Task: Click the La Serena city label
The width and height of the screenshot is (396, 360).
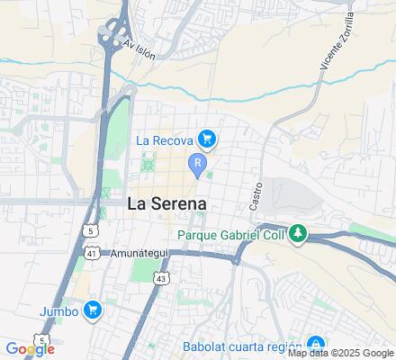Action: (x=167, y=203)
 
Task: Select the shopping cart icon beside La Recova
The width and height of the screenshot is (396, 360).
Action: (x=207, y=139)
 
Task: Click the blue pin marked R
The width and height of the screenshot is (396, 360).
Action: (x=195, y=163)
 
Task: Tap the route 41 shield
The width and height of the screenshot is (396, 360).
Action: (x=93, y=255)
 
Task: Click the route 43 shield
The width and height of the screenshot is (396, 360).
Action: (x=160, y=280)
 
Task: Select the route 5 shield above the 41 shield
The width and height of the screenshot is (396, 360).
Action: (x=91, y=230)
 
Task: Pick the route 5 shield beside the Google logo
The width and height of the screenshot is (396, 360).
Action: (x=41, y=339)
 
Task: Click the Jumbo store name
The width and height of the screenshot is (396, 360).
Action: (x=58, y=311)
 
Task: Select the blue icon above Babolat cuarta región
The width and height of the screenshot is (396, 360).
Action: (x=315, y=343)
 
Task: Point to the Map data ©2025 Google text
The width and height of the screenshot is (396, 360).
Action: (x=341, y=352)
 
